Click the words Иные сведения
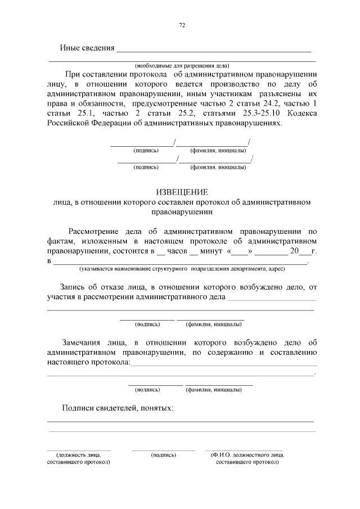coord(87,48)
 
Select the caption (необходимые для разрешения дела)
coord(182,64)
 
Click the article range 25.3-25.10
coord(263,114)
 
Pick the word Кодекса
coord(302,114)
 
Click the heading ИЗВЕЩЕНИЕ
coord(182,192)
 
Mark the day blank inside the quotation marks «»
coord(240,251)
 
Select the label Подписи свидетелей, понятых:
coord(118,408)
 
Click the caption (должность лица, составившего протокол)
coord(78,458)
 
